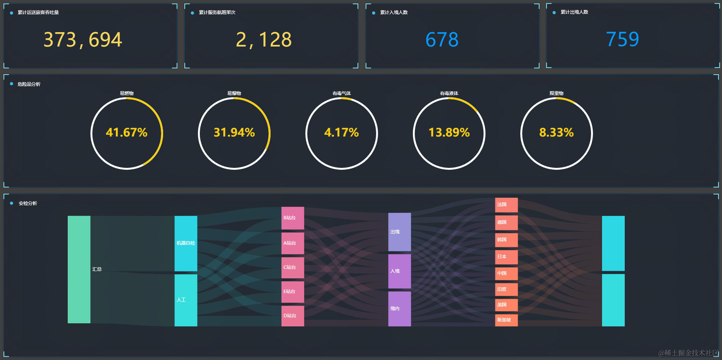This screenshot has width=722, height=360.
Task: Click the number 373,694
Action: click(82, 40)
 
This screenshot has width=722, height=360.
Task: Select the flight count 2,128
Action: click(264, 40)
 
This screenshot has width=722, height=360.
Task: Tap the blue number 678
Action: click(442, 40)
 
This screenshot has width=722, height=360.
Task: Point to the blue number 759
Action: click(622, 39)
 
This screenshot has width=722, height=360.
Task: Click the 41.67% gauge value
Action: click(126, 133)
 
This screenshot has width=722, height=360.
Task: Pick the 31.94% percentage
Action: click(234, 133)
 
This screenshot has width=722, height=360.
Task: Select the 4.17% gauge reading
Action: click(341, 133)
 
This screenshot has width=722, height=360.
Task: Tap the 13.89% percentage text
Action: click(449, 133)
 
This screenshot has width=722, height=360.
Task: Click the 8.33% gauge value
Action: click(556, 133)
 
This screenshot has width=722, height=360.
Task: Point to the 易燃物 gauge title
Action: click(126, 93)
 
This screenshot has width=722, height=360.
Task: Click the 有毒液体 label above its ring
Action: click(449, 93)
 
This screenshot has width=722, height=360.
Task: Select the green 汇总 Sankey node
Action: click(79, 269)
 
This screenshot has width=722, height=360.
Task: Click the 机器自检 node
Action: click(185, 243)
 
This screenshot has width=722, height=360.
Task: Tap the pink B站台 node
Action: click(293, 218)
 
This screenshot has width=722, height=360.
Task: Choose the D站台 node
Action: click(293, 316)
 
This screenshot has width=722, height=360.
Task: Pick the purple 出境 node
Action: click(399, 232)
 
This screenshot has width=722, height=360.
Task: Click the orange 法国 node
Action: click(506, 205)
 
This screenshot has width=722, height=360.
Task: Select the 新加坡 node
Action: click(506, 320)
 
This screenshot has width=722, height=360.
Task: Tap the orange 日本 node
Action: click(506, 257)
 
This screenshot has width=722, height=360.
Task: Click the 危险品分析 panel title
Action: click(29, 84)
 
